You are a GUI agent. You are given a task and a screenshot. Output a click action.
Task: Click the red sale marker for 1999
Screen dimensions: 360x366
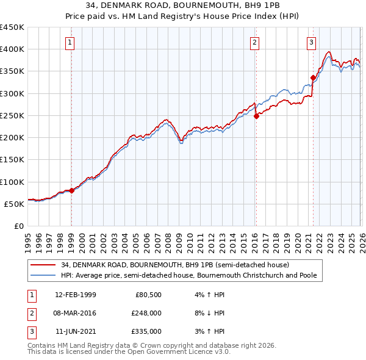(71, 190)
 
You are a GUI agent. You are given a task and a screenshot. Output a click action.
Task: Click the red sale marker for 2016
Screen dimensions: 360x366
(256, 117)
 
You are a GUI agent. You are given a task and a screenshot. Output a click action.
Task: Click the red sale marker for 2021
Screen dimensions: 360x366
(313, 77)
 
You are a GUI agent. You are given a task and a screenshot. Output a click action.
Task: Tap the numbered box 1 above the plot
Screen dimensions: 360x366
(71, 42)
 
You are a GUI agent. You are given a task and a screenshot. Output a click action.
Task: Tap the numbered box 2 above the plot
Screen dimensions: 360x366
(254, 42)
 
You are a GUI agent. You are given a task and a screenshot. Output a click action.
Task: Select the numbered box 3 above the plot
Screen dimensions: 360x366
(311, 42)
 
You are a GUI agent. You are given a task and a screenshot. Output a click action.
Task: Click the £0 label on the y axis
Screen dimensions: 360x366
(19, 226)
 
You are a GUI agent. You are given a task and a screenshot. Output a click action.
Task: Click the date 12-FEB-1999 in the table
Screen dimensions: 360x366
(76, 295)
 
